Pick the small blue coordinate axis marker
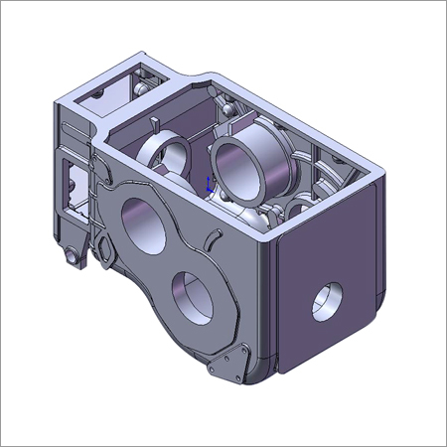coord(208,183)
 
